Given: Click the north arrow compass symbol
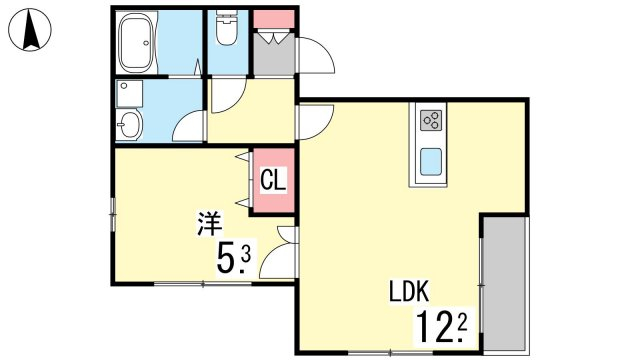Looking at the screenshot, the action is point(30,30).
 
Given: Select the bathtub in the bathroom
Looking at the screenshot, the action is point(137,42).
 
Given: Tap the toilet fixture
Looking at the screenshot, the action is point(227,27).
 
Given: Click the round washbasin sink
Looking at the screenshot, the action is point(129,124).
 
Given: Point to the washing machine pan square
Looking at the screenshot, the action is point(129,93).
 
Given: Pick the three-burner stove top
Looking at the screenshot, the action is point(431,120).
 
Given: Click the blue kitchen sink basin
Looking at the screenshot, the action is point(431,161).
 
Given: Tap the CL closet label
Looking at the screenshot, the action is point(273,180).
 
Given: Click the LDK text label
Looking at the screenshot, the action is point(409,291).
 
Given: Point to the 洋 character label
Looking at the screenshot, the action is point(210,223).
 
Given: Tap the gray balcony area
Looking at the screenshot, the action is point(504,283).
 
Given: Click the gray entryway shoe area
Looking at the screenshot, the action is point(273,53).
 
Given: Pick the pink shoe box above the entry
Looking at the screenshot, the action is point(273,19).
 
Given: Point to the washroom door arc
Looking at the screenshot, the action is point(187,125).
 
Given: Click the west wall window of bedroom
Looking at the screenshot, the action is point(113,213).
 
